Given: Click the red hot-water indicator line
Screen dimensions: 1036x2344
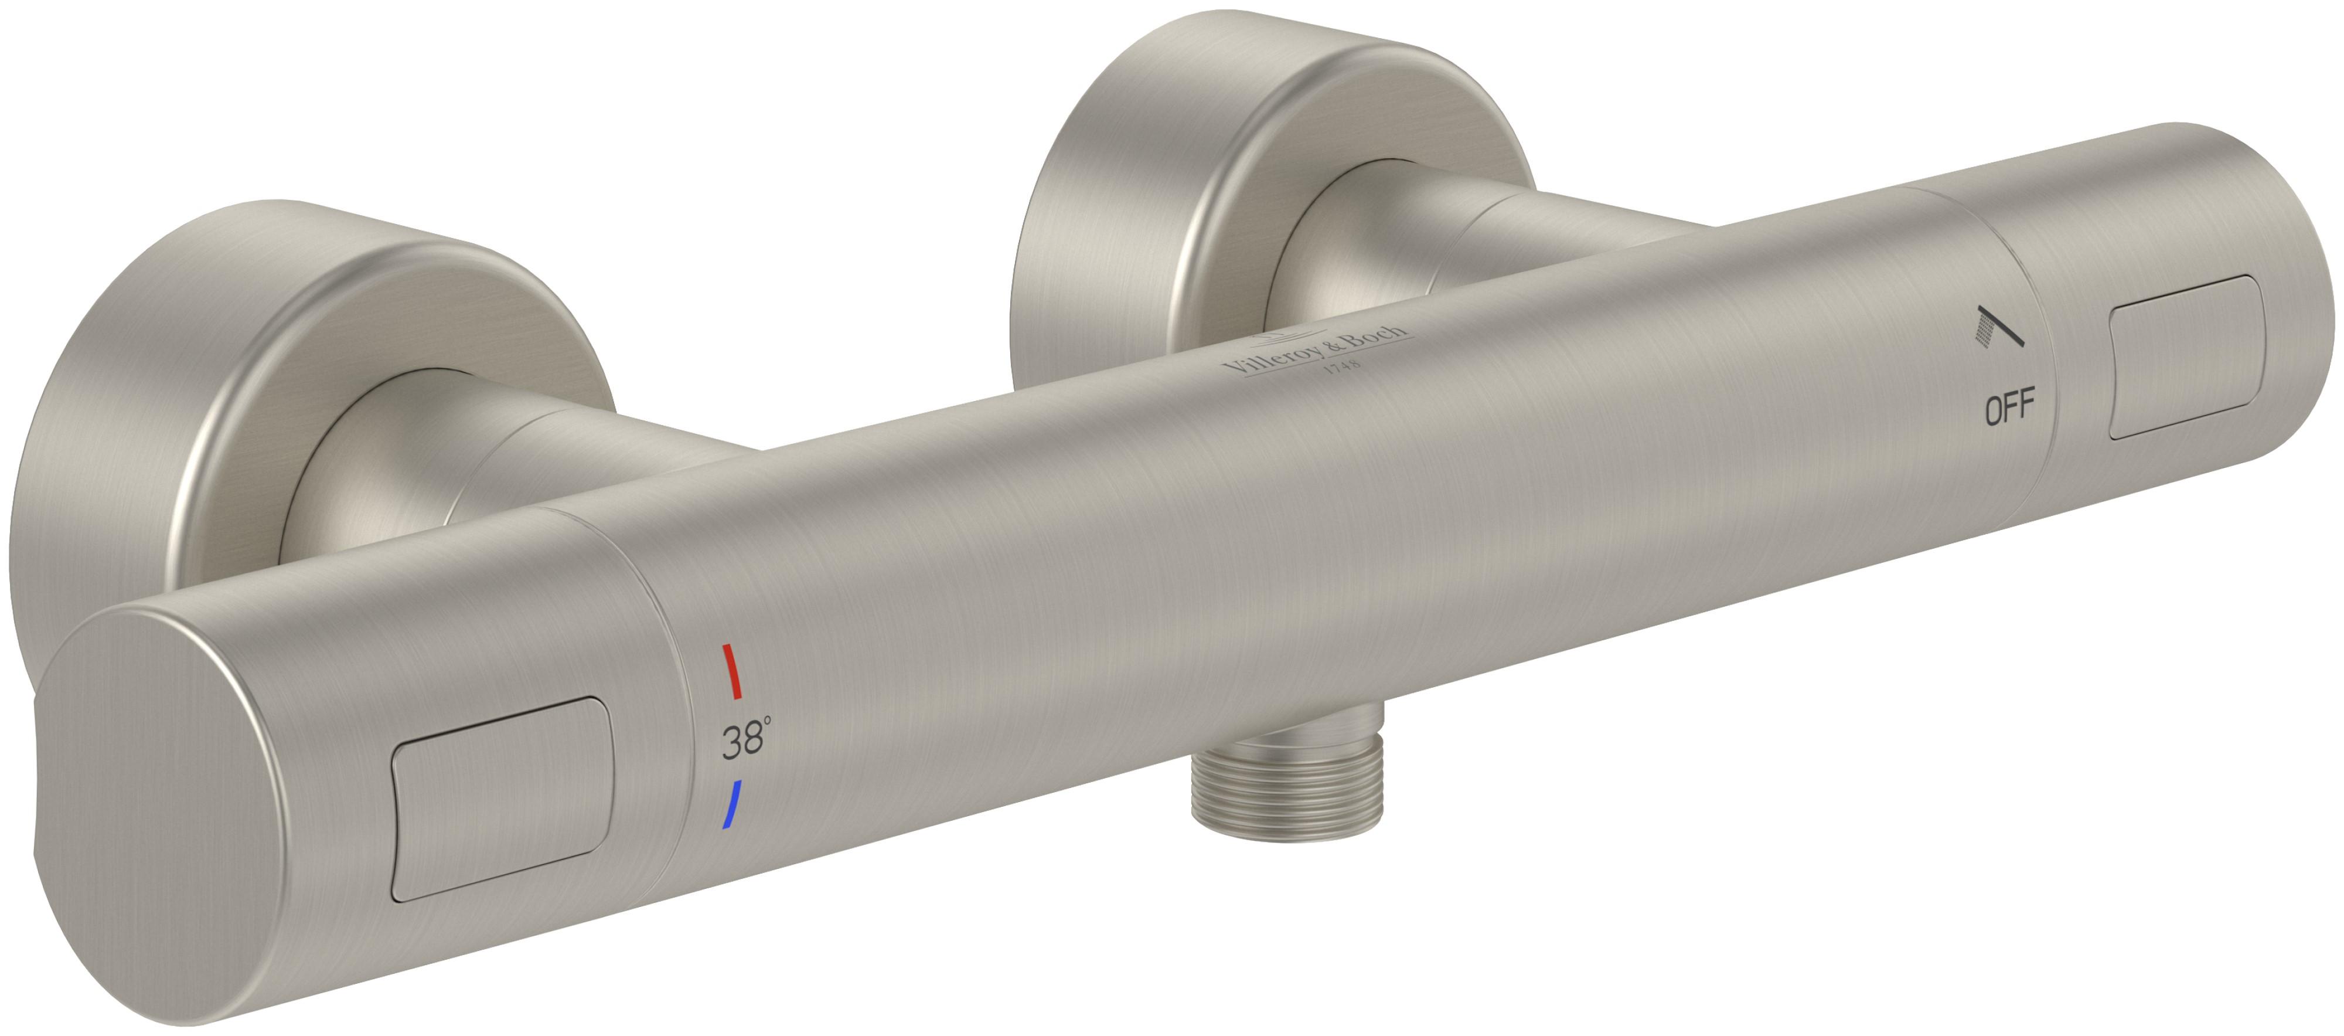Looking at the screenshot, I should [731, 672].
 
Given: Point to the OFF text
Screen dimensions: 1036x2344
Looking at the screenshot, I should [2009, 407].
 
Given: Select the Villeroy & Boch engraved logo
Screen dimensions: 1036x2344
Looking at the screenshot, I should [1317, 353].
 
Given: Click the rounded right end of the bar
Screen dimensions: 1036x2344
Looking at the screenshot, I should [2293, 300].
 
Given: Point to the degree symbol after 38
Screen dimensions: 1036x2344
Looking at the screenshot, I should [768, 721].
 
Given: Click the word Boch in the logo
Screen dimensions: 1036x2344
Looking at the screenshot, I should [1376, 341].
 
